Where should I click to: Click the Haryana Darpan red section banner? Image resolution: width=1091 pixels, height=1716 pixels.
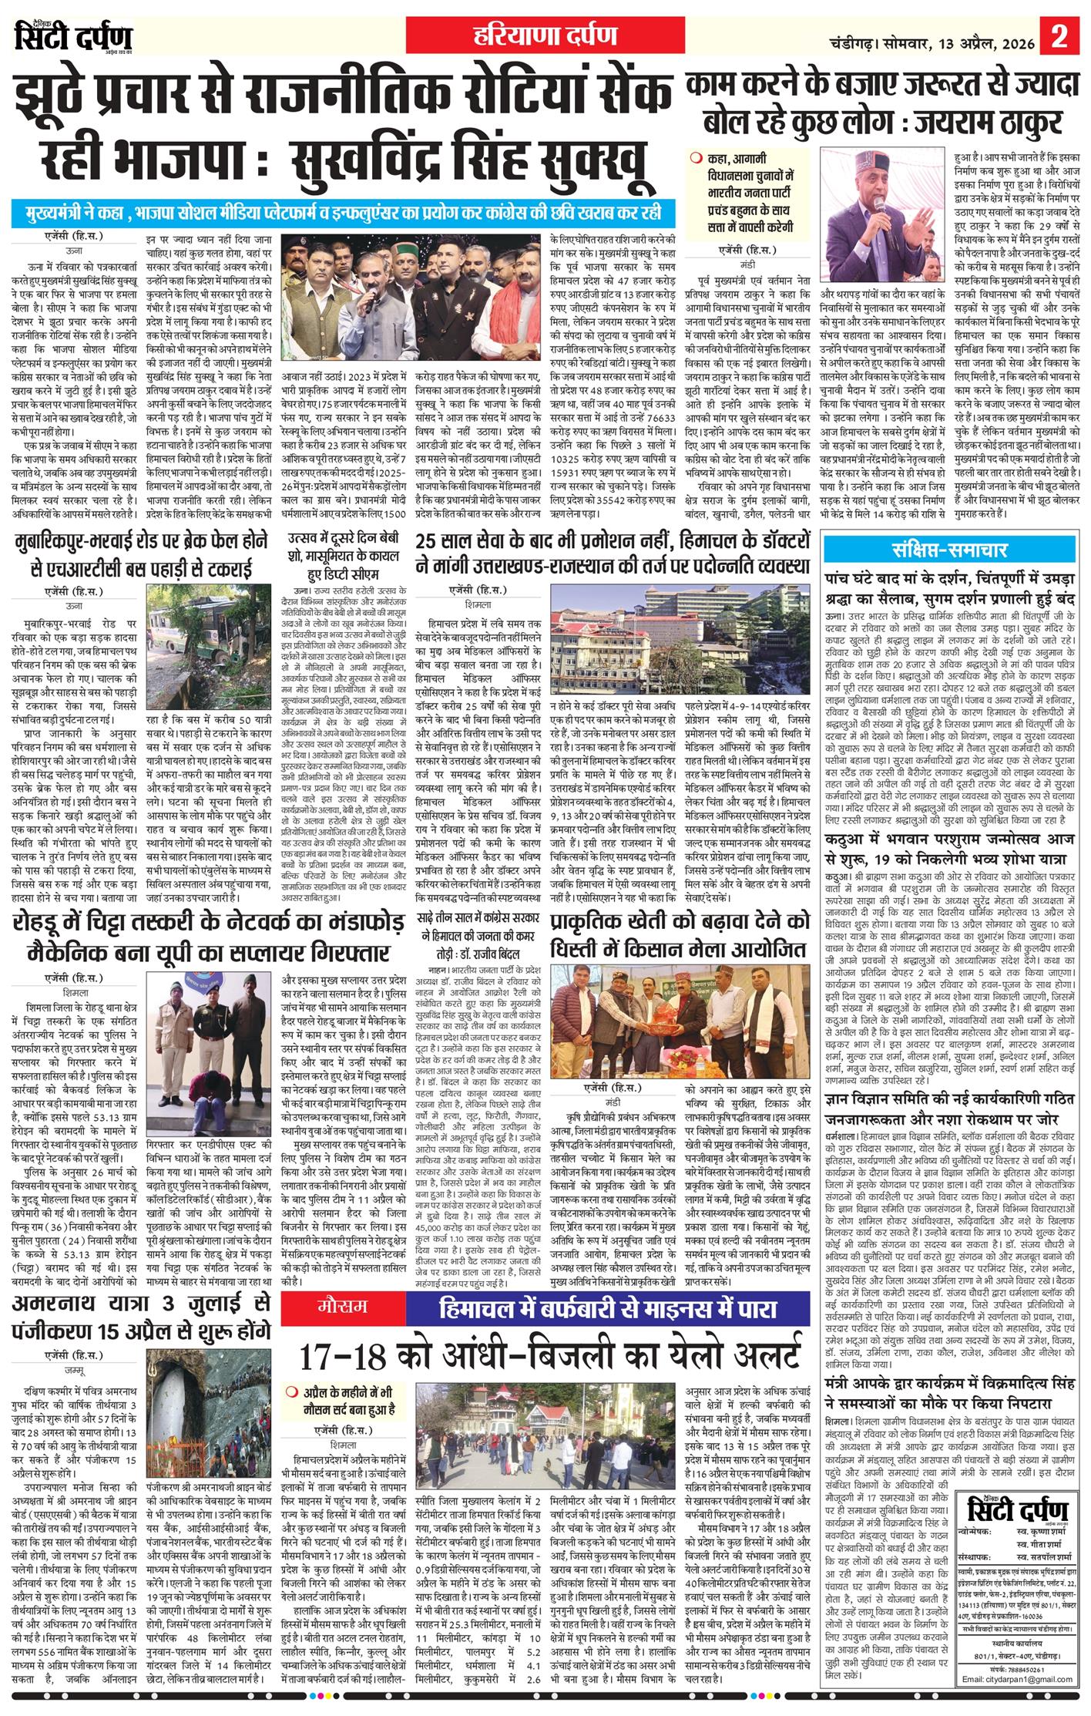click(x=545, y=35)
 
